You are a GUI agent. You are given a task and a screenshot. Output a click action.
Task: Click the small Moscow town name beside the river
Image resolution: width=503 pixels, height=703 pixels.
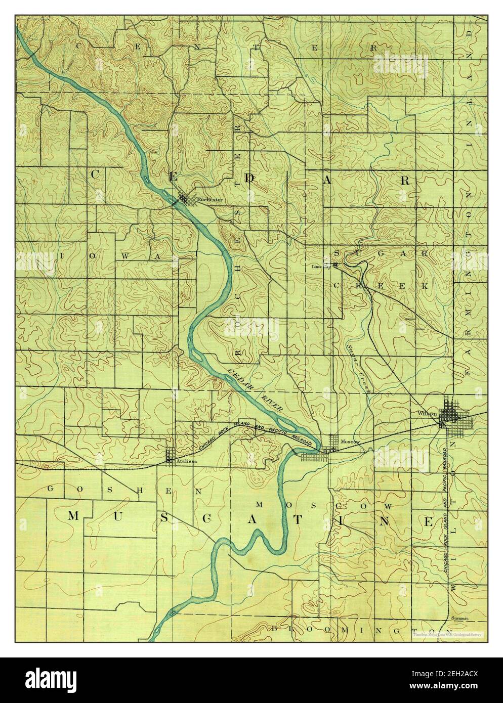350,442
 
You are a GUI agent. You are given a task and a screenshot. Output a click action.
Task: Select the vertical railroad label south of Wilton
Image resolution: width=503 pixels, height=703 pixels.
446,511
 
